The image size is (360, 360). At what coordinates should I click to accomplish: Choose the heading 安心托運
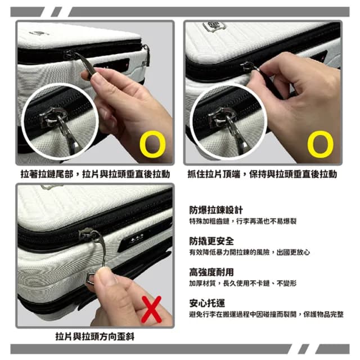pyautogui.click(x=204, y=303)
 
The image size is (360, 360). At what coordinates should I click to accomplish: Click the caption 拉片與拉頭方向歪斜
pyautogui.click(x=94, y=336)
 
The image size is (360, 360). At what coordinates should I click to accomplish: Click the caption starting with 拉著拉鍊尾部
pyautogui.click(x=94, y=174)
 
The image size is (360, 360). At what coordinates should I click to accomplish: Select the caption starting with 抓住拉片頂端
pyautogui.click(x=262, y=174)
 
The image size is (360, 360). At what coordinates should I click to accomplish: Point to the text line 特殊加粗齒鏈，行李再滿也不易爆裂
pyautogui.click(x=242, y=222)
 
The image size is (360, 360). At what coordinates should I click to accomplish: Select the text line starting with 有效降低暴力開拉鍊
pyautogui.click(x=249, y=253)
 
